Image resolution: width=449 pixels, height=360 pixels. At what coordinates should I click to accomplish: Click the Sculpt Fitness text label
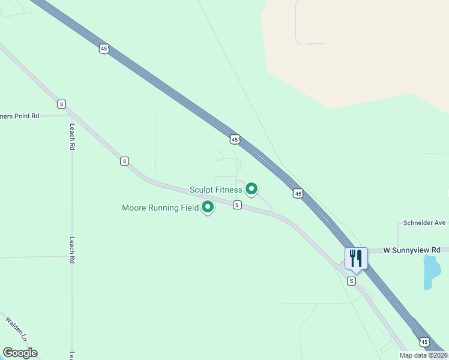click(x=216, y=190)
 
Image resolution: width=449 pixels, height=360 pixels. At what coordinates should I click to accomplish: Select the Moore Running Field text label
click(x=160, y=208)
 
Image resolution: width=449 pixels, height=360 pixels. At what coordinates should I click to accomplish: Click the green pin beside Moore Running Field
click(x=208, y=207)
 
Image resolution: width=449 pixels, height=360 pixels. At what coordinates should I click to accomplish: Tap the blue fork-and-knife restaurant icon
click(x=356, y=259)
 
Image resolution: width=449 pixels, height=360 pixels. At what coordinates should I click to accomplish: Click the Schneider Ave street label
click(x=424, y=223)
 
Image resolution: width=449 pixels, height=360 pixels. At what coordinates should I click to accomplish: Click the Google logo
click(x=20, y=353)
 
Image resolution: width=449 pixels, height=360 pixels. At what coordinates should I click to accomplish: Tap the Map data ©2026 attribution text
click(x=423, y=355)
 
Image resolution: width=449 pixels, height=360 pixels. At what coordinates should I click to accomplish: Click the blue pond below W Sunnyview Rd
click(x=431, y=271)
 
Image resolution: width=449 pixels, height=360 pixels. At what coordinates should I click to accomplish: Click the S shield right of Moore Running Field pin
click(x=237, y=205)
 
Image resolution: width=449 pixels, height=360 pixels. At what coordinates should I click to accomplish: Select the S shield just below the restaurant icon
click(x=352, y=281)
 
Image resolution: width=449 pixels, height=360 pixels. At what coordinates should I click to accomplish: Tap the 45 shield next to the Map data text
click(x=424, y=341)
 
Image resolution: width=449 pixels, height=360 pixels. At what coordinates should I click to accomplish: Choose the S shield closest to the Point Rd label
click(x=61, y=104)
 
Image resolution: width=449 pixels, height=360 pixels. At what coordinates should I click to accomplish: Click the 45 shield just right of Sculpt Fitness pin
click(x=298, y=193)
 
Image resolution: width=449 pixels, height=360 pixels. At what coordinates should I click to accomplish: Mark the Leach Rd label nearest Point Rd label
click(x=72, y=137)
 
